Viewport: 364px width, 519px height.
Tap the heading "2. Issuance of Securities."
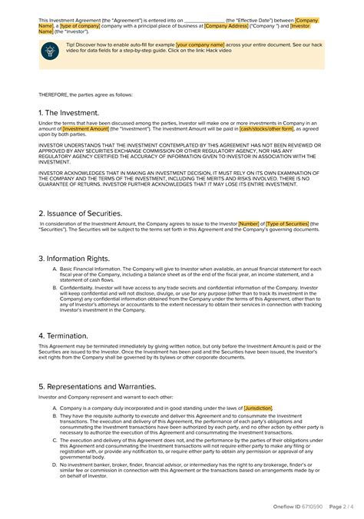point(81,213)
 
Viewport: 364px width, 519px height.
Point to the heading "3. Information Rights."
point(74,259)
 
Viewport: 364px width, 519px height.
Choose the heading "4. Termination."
point(65,336)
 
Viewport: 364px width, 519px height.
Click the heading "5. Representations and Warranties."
point(98,386)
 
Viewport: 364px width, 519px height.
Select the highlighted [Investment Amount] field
point(85,129)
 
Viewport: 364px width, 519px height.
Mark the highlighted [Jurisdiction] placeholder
point(258,408)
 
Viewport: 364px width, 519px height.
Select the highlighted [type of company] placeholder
point(80,25)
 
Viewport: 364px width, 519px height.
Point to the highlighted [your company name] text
point(200,45)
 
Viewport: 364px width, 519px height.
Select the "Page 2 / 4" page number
point(342,507)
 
